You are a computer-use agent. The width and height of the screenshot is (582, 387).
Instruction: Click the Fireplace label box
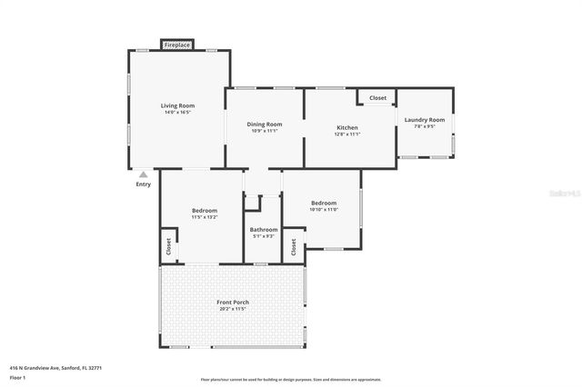(x=177, y=44)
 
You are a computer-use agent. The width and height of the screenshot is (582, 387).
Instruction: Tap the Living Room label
(x=178, y=105)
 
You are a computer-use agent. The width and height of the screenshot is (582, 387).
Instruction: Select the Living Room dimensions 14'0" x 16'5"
(x=178, y=112)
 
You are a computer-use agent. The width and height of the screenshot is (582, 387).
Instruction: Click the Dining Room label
(x=266, y=124)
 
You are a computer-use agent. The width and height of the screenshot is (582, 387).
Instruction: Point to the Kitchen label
(x=347, y=127)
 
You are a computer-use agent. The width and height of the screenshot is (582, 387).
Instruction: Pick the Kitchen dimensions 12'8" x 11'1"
(x=347, y=134)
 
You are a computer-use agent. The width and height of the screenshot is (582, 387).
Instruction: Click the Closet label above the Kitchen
(x=376, y=97)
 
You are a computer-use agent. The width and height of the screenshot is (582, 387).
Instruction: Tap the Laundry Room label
(x=425, y=120)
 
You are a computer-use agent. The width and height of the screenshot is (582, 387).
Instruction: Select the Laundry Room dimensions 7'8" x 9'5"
(x=425, y=126)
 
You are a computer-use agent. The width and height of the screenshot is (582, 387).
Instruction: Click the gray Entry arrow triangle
(x=144, y=174)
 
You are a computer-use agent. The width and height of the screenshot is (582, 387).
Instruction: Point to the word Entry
(x=144, y=184)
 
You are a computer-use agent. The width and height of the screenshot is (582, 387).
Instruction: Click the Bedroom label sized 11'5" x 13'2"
(x=204, y=211)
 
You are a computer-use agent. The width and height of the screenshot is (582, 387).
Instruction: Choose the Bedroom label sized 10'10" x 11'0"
(x=324, y=203)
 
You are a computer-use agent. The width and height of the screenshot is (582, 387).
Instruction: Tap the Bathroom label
(x=264, y=229)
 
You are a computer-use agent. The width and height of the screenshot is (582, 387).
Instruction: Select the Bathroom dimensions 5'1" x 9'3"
(x=264, y=235)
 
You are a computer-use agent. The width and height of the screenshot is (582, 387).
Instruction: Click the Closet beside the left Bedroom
(x=168, y=246)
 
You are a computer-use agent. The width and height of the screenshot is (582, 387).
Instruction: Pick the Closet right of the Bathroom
(x=293, y=246)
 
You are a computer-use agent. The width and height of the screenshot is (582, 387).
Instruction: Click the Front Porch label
(x=233, y=302)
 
